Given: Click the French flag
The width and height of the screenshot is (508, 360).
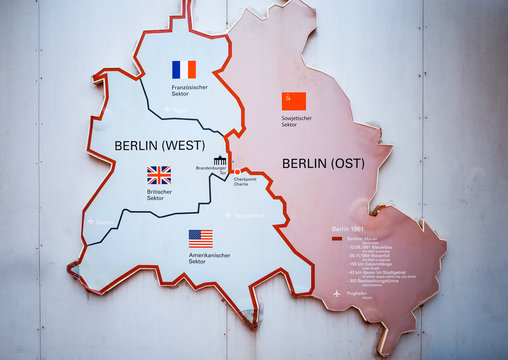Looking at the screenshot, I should [x=183, y=69].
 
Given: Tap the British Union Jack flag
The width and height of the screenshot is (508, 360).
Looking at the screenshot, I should [x=159, y=174].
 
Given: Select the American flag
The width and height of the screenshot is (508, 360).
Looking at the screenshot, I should [x=201, y=238].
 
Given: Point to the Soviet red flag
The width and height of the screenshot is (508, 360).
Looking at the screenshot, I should [x=293, y=101].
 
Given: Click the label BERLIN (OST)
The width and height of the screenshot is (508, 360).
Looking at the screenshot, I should [x=324, y=163].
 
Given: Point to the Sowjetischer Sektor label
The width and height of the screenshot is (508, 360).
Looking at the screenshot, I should [x=295, y=121].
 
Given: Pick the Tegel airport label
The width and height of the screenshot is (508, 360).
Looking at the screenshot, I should [x=179, y=108].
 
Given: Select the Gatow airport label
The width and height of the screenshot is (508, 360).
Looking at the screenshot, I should [x=104, y=222].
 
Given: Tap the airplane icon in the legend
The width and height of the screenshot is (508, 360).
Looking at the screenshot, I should [x=338, y=293].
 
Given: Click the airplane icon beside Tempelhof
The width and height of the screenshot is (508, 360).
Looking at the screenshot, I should [x=228, y=215].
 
